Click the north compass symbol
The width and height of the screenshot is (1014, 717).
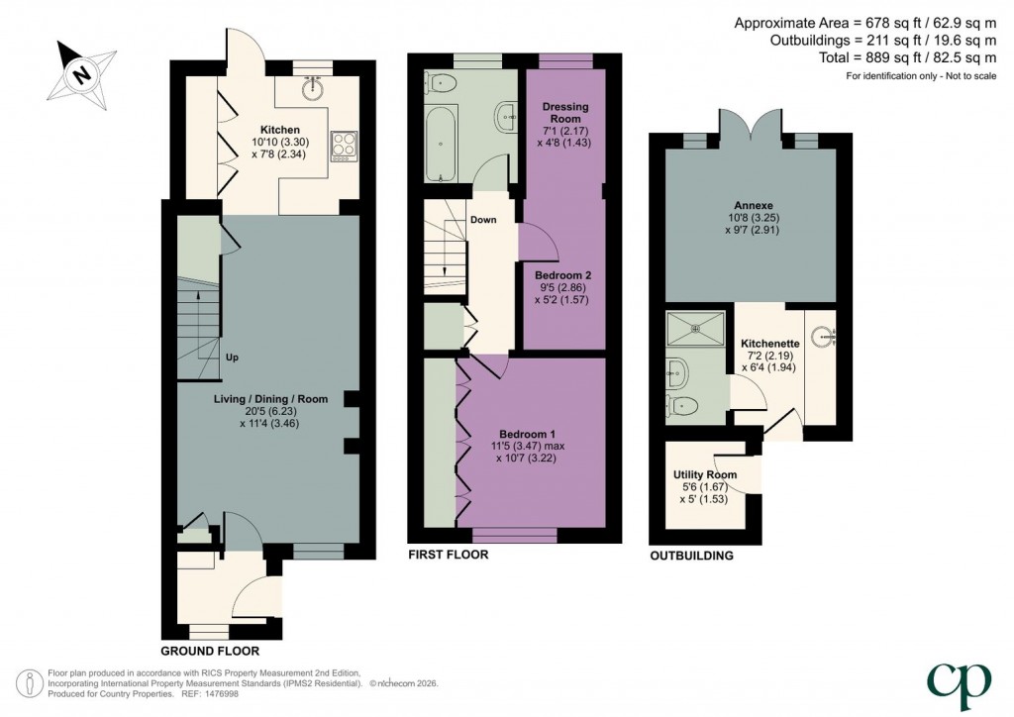[82, 73]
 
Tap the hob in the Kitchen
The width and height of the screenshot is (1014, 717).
[344, 146]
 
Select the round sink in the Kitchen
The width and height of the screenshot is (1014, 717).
[313, 88]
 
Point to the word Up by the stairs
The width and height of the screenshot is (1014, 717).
[232, 357]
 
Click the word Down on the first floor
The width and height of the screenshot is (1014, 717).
[483, 220]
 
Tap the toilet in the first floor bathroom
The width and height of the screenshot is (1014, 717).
[441, 83]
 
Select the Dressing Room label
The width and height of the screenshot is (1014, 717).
[565, 113]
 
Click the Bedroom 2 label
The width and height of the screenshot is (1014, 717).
[562, 275]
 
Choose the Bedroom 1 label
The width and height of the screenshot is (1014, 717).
[527, 434]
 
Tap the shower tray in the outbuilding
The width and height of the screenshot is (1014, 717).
[696, 329]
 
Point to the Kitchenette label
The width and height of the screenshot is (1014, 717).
[770, 344]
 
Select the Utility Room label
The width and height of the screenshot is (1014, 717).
[705, 474]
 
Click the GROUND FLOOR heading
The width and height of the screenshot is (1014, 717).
[210, 651]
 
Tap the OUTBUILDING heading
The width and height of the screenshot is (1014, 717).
[691, 556]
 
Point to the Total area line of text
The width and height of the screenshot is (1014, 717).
[907, 57]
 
